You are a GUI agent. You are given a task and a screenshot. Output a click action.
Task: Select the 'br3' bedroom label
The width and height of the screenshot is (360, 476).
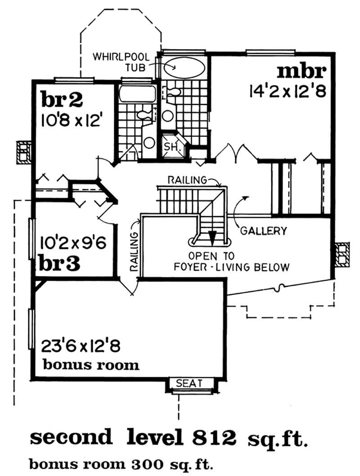pyautogui.click(x=60, y=263)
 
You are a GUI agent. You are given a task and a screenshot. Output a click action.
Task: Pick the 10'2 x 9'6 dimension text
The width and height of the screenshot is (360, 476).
pyautogui.click(x=73, y=244)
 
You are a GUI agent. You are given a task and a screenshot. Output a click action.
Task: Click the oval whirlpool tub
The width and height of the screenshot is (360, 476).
pyautogui.click(x=183, y=68)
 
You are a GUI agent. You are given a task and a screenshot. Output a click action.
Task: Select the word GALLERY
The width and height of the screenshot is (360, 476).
pyautogui.click(x=263, y=231)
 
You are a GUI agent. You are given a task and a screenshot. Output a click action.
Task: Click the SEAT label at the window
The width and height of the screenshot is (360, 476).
pyautogui.click(x=189, y=383)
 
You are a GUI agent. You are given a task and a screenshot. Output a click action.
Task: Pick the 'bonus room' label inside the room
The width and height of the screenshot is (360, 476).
pyautogui.click(x=91, y=364)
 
